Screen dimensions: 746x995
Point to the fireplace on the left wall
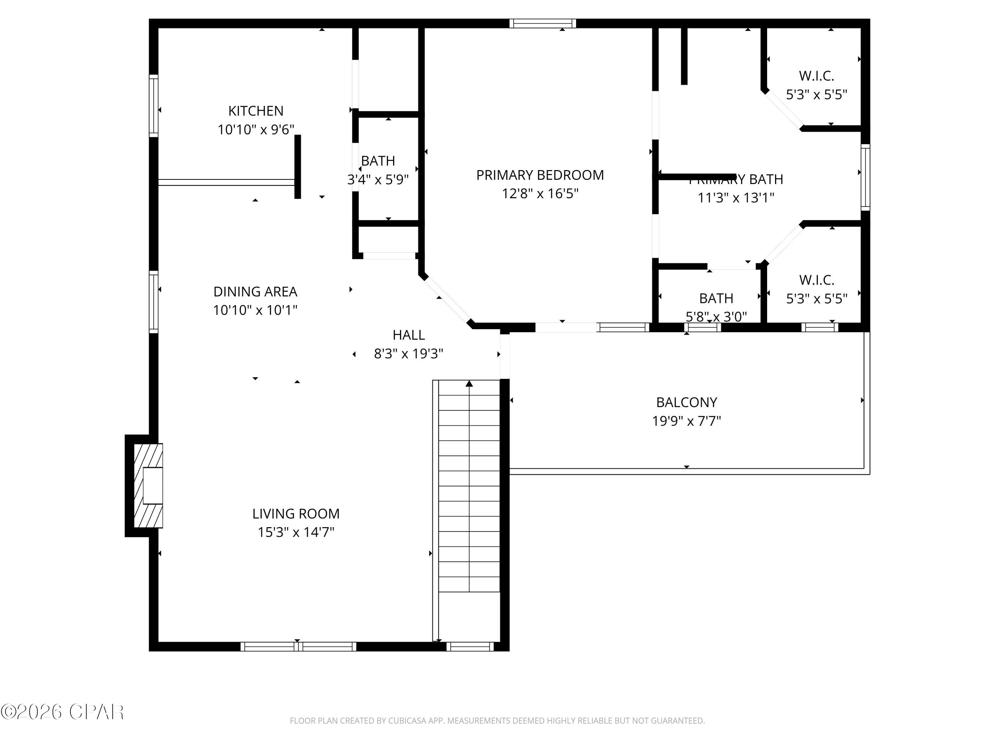149,486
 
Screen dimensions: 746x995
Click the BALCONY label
687,402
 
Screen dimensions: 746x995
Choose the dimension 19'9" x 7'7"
687,421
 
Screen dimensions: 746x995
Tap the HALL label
408,335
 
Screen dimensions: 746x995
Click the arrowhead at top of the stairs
469,384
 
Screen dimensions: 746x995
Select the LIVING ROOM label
296,514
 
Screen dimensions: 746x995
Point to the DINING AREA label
255,291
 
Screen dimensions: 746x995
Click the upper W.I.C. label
817,76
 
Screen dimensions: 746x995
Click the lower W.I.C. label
817,280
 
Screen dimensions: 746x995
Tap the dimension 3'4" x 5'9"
378,180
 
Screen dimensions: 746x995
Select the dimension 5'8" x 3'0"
716,317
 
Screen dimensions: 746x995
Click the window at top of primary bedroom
543,24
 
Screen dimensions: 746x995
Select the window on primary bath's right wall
865,177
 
